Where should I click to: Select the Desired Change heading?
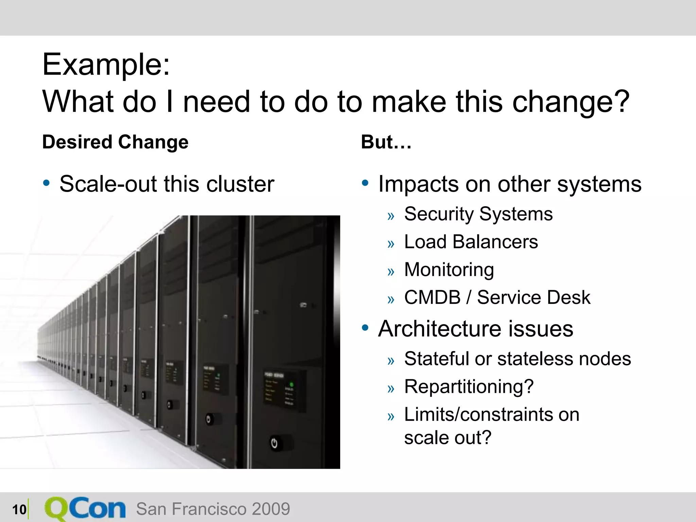(x=115, y=142)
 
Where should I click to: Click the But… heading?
(x=386, y=142)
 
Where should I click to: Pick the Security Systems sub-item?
(x=478, y=214)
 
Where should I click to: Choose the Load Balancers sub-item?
(x=471, y=242)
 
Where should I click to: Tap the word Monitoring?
(x=449, y=270)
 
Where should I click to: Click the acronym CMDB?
(x=432, y=297)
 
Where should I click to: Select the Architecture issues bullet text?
(x=475, y=329)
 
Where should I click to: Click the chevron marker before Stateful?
(x=391, y=361)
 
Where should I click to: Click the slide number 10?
(x=19, y=509)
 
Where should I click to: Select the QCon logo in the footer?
(x=85, y=509)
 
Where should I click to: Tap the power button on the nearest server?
(x=274, y=443)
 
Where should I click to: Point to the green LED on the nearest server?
(x=291, y=385)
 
